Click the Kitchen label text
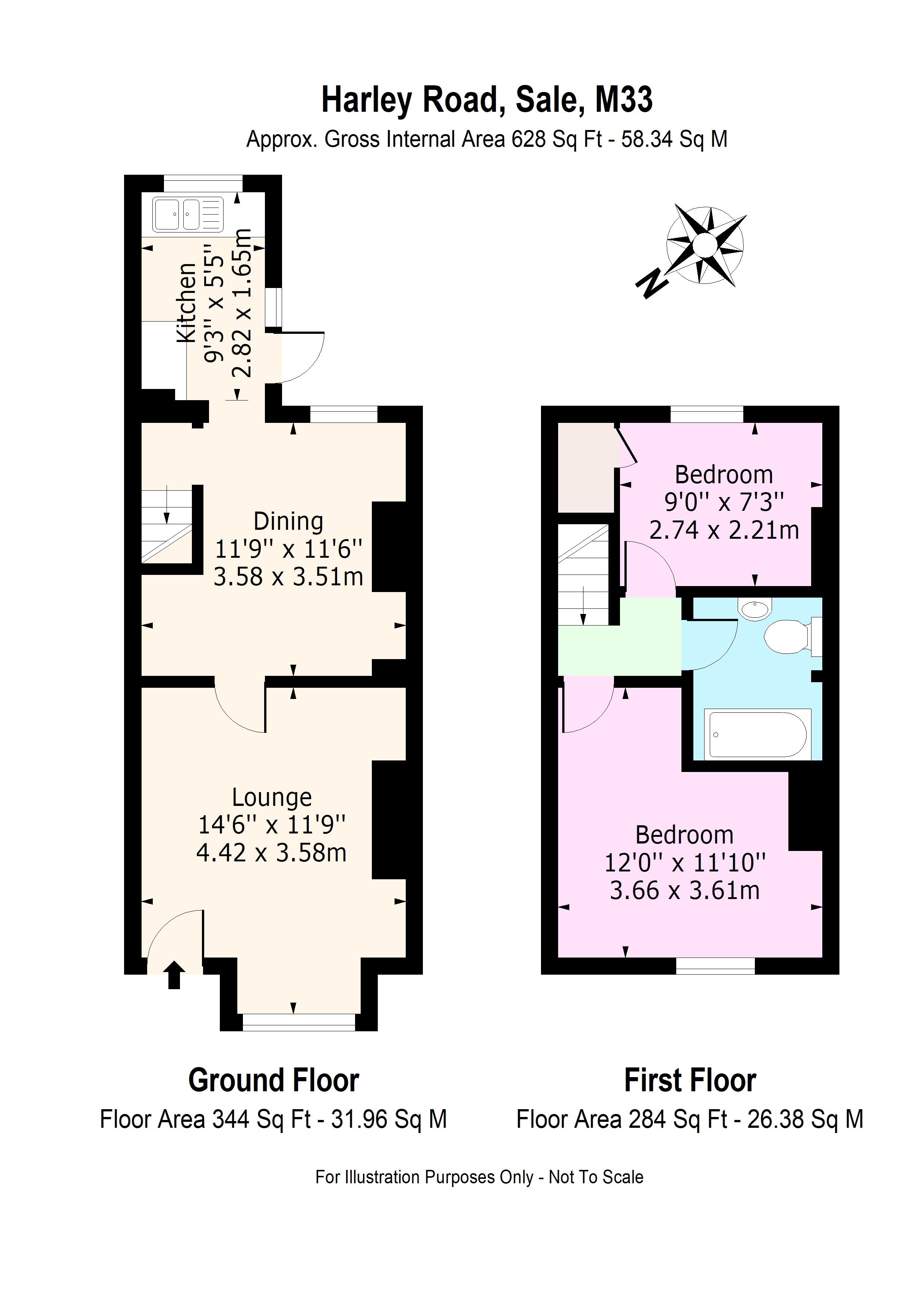[187, 303]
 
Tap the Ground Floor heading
[273, 1080]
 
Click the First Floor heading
[690, 1080]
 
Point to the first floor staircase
[583, 575]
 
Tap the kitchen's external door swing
[302, 358]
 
